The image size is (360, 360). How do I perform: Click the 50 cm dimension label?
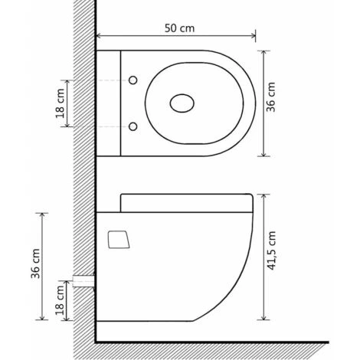179,28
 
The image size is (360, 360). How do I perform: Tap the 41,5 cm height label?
271,250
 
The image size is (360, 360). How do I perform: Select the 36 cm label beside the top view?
271,97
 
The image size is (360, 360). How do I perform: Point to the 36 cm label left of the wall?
35,263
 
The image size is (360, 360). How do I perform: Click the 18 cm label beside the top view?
60,103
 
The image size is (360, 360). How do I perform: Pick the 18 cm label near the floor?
60,300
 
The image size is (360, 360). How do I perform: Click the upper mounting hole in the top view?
133,80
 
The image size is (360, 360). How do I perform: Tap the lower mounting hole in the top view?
133,126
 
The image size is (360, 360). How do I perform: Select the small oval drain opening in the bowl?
182,103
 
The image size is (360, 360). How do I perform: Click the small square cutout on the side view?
118,240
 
